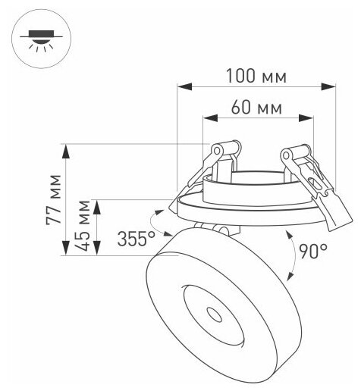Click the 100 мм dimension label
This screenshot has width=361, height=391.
tap(256, 76)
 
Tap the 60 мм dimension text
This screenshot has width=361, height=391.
tap(256, 108)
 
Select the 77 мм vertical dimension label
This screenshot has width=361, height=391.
tap(54, 199)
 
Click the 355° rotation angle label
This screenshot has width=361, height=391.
tap(137, 239)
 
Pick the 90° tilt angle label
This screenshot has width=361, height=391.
tap(313, 251)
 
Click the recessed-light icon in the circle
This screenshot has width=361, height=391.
tap(41, 41)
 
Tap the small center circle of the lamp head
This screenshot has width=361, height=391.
tap(215, 315)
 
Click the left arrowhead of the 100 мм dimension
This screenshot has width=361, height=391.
tap(184, 86)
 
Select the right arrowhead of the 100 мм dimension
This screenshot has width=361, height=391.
tap(328, 86)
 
